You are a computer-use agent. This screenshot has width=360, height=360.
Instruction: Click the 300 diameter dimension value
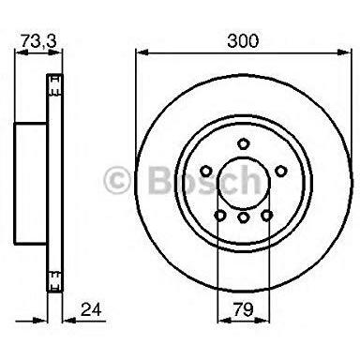(x=243, y=41)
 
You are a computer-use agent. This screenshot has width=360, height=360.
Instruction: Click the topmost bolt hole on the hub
(x=243, y=142)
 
